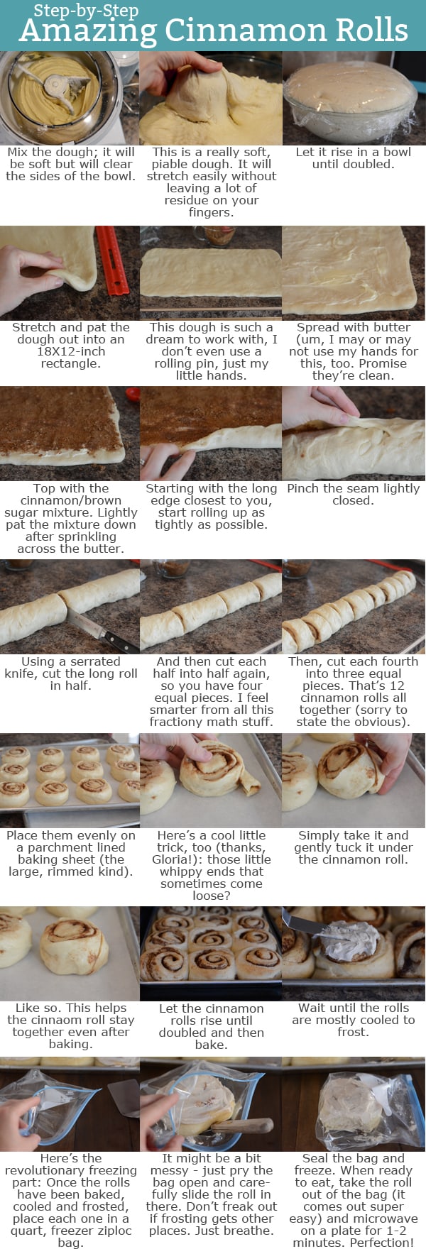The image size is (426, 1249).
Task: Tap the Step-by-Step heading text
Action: point(86,11)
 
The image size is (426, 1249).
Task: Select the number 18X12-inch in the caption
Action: point(71,351)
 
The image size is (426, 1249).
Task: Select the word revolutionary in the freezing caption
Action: point(71,1170)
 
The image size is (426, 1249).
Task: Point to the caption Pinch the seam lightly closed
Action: point(353,494)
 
